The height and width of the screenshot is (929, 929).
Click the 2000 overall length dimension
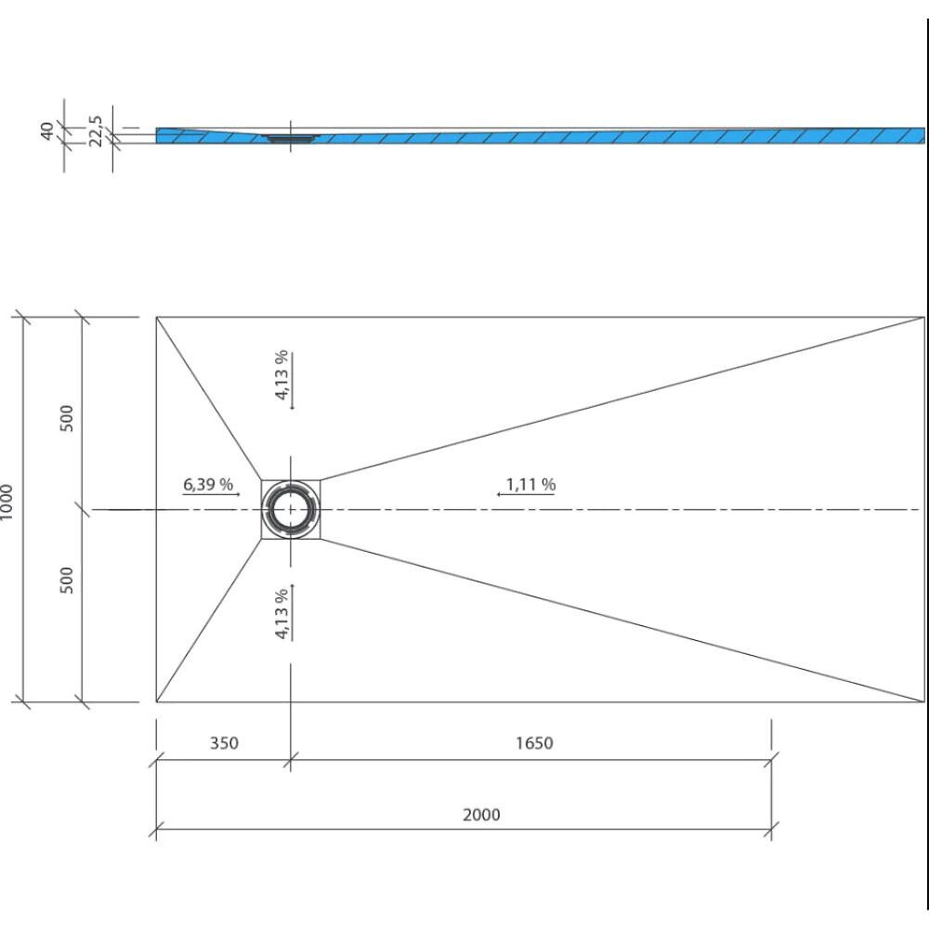pyautogui.click(x=481, y=815)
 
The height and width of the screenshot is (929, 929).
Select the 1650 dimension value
pyautogui.click(x=534, y=743)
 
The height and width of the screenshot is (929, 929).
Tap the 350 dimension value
pyautogui.click(x=224, y=743)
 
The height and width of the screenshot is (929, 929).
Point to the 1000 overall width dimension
pyautogui.click(x=6, y=502)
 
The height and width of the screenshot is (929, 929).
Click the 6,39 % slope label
pyautogui.click(x=208, y=484)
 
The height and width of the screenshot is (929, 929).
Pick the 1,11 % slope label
pyautogui.click(x=530, y=485)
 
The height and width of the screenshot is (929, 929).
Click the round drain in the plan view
pyautogui.click(x=290, y=509)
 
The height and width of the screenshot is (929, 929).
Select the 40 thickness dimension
pyautogui.click(x=46, y=131)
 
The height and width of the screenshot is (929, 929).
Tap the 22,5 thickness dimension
pyautogui.click(x=96, y=131)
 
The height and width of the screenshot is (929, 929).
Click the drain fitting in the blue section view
pyautogui.click(x=290, y=138)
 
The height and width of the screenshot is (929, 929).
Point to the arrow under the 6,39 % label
pyautogui.click(x=211, y=494)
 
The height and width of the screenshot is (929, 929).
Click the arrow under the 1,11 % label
pyautogui.click(x=526, y=494)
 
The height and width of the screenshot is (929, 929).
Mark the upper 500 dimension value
pyautogui.click(x=67, y=418)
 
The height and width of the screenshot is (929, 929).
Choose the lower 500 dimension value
pyautogui.click(x=67, y=580)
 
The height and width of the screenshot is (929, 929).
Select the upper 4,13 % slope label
pyautogui.click(x=281, y=374)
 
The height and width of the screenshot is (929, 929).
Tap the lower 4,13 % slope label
pyautogui.click(x=281, y=613)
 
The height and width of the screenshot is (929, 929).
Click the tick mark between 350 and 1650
pyautogui.click(x=290, y=760)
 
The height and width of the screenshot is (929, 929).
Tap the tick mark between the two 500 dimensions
pyautogui.click(x=82, y=509)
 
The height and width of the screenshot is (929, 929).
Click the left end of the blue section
pyautogui.click(x=156, y=135)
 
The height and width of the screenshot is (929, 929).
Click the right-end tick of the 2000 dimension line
pyautogui.click(x=771, y=829)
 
